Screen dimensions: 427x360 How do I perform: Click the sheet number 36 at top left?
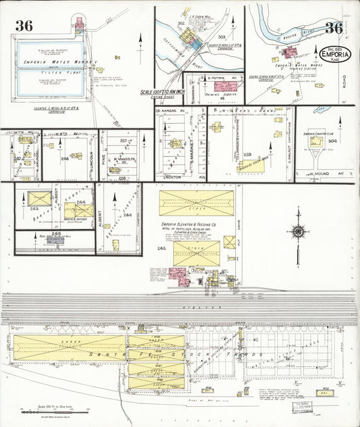(24, 26)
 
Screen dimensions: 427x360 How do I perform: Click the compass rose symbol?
(297, 232)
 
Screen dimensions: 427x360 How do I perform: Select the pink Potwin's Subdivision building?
(224, 86)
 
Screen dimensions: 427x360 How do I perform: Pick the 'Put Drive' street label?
(240, 218)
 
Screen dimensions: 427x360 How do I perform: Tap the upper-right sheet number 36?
(333, 28)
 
